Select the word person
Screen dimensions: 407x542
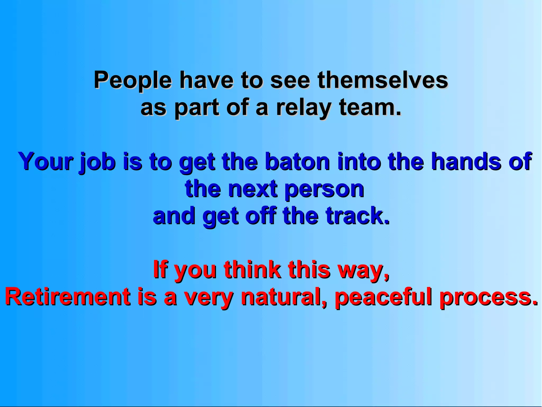coord(324,190)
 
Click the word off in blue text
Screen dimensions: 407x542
coord(261,216)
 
